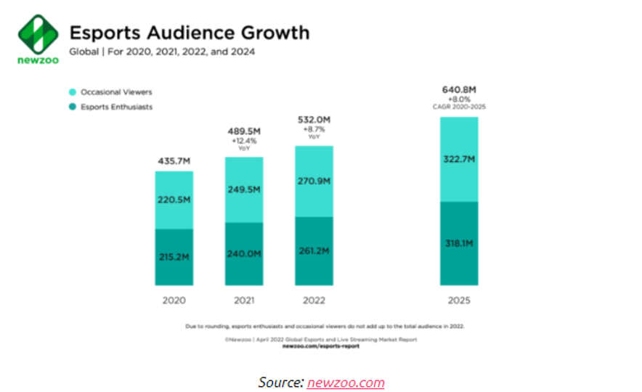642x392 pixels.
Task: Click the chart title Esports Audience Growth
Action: pyautogui.click(x=189, y=33)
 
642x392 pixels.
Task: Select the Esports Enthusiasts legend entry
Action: pyautogui.click(x=115, y=107)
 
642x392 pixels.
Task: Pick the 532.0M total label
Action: pyautogui.click(x=314, y=119)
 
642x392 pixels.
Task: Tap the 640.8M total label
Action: pyautogui.click(x=459, y=90)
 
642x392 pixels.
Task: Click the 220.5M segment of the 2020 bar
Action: pyautogui.click(x=174, y=200)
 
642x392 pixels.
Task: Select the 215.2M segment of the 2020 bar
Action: pyautogui.click(x=174, y=257)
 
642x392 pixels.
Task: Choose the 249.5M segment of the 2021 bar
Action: pyautogui.click(x=244, y=189)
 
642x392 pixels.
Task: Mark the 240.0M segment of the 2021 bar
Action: pyautogui.click(x=244, y=253)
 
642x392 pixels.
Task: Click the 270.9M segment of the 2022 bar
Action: pyautogui.click(x=314, y=181)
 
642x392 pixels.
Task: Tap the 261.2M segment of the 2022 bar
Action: pyautogui.click(x=314, y=250)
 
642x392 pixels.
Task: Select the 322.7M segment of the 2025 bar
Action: pyautogui.click(x=459, y=159)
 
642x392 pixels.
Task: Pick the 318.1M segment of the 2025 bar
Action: pyautogui.click(x=459, y=243)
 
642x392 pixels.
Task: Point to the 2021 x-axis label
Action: pyautogui.click(x=244, y=300)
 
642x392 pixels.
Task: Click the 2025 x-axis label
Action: pyautogui.click(x=459, y=300)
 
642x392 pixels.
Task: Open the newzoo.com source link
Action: pyautogui.click(x=346, y=382)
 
